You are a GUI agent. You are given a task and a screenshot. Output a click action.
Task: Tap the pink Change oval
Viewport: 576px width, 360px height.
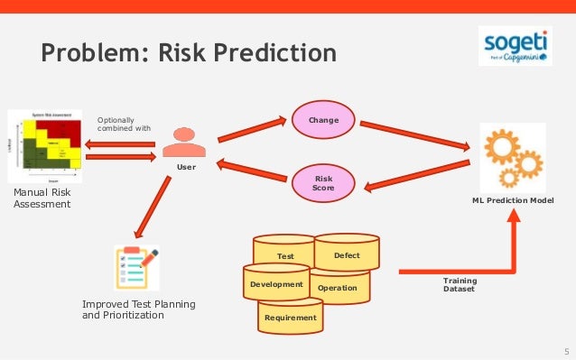coord(323,120)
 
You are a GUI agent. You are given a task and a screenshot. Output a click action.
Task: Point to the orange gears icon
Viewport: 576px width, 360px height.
coord(511,157)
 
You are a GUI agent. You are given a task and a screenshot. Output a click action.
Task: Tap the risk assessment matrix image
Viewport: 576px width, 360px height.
coord(44,147)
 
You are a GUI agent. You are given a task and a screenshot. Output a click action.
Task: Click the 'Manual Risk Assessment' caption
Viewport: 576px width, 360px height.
coord(42,198)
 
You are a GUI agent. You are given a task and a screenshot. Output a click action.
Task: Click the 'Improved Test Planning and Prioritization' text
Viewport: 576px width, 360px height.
coord(138,310)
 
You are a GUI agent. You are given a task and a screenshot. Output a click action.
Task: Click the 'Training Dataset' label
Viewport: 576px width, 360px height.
coord(460,285)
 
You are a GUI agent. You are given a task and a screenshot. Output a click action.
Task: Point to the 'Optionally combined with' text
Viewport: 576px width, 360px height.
coord(124,124)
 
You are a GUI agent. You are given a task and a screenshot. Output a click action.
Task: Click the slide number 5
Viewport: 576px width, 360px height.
coord(565,350)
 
